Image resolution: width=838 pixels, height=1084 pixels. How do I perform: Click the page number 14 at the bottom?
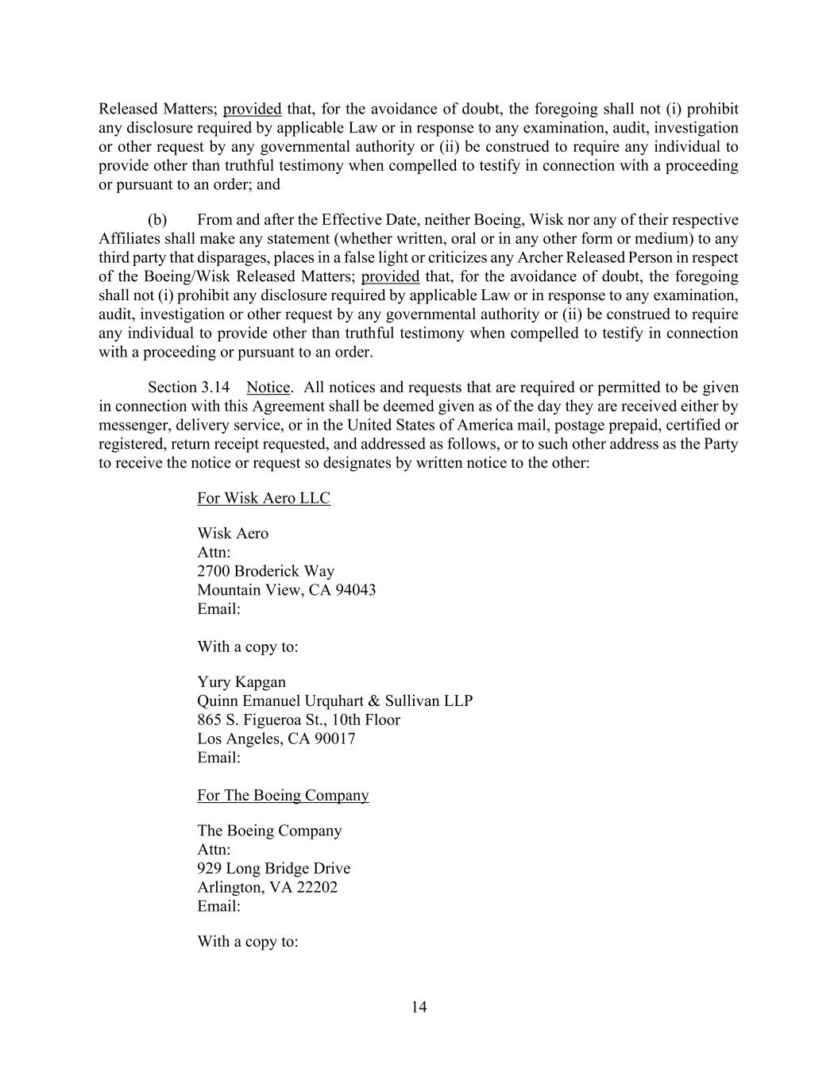pos(419,1008)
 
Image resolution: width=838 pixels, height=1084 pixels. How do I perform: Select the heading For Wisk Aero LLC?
pos(264,498)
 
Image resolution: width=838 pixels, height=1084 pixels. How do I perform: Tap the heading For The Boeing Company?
pos(283,795)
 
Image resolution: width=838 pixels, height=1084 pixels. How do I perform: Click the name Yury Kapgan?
pos(241,682)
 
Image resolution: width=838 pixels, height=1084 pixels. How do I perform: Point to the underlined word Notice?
pos(268,388)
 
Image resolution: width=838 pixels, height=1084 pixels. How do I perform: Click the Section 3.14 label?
pos(189,388)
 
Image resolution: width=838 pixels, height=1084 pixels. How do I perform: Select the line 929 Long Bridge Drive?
pos(274,868)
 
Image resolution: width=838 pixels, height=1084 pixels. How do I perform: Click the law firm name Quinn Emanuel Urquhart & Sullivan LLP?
pos(334,701)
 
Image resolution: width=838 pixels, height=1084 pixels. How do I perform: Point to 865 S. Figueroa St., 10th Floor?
pos(299,719)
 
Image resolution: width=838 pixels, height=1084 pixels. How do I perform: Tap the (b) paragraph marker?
pos(156,220)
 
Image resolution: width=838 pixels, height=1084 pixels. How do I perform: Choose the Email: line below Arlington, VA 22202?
pos(218,906)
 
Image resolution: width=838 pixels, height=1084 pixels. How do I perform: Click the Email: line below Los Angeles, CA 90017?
pos(218,758)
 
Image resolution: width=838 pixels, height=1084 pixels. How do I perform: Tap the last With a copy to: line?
pos(248,942)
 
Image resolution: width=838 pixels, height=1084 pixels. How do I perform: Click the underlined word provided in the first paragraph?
pos(253,110)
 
